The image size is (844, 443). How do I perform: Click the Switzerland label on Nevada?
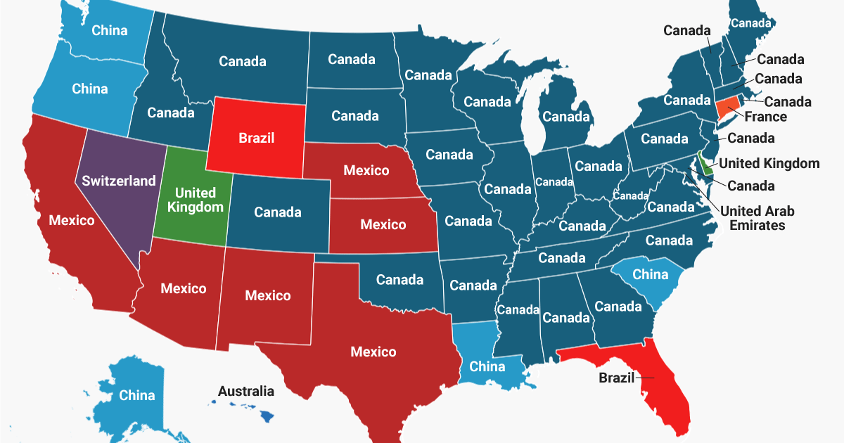click(119, 181)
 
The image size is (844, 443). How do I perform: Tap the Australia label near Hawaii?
click(246, 391)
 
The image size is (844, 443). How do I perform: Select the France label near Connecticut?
click(766, 116)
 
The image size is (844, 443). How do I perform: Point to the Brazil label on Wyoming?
click(256, 138)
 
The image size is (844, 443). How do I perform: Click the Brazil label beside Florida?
click(616, 378)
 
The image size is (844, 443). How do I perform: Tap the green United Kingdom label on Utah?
click(196, 200)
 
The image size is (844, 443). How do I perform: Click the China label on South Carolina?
click(650, 274)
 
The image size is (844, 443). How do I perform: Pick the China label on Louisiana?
click(487, 366)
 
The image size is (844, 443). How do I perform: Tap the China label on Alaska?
click(136, 395)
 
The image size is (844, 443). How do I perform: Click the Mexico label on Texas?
click(373, 352)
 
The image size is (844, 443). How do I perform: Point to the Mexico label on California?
click(71, 221)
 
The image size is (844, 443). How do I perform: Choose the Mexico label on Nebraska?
click(366, 171)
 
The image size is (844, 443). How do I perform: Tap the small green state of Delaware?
click(705, 166)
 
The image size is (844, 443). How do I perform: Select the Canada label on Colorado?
click(278, 212)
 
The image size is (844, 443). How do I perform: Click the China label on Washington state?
click(110, 30)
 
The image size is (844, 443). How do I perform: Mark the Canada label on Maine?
click(750, 23)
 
